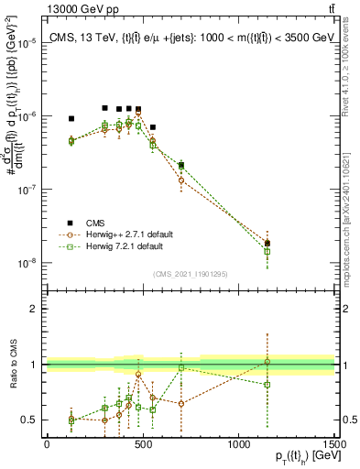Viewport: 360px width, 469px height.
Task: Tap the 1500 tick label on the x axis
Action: (x=335, y=444)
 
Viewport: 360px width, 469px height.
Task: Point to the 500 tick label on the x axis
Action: (x=143, y=444)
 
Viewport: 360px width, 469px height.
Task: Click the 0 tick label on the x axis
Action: (x=47, y=444)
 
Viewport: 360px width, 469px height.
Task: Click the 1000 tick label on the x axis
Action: (x=238, y=444)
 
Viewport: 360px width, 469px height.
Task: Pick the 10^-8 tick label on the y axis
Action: (x=26, y=263)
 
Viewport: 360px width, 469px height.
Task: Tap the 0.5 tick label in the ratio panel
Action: (x=29, y=420)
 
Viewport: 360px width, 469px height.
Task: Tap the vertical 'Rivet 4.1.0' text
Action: (x=352, y=64)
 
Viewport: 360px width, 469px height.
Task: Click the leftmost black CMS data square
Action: (x=71, y=118)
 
